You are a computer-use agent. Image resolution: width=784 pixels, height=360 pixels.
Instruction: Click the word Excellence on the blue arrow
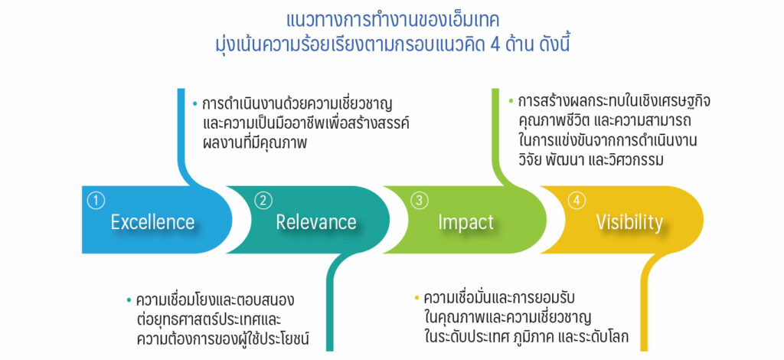(x=152, y=221)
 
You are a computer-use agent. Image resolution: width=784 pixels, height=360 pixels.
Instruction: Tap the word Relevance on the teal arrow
(x=316, y=221)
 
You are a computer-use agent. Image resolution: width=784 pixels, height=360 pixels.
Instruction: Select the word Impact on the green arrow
(x=465, y=222)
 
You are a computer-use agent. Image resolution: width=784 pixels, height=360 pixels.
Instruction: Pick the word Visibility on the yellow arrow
(x=629, y=222)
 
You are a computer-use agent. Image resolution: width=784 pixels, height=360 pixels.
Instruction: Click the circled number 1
(x=96, y=201)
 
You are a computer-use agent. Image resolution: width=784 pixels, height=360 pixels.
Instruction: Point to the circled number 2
(x=263, y=201)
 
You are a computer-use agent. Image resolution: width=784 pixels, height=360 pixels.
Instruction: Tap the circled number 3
(x=419, y=201)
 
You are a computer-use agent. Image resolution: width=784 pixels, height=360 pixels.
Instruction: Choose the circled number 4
(x=577, y=201)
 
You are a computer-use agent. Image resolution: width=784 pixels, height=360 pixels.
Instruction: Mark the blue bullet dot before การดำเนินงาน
(x=195, y=105)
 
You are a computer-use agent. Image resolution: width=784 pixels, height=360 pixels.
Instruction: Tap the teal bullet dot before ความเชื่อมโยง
(x=129, y=300)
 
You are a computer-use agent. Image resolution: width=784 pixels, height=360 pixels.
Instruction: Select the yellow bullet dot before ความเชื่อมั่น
(x=416, y=299)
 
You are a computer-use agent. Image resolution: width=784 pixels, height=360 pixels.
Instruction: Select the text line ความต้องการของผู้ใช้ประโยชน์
(x=223, y=339)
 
